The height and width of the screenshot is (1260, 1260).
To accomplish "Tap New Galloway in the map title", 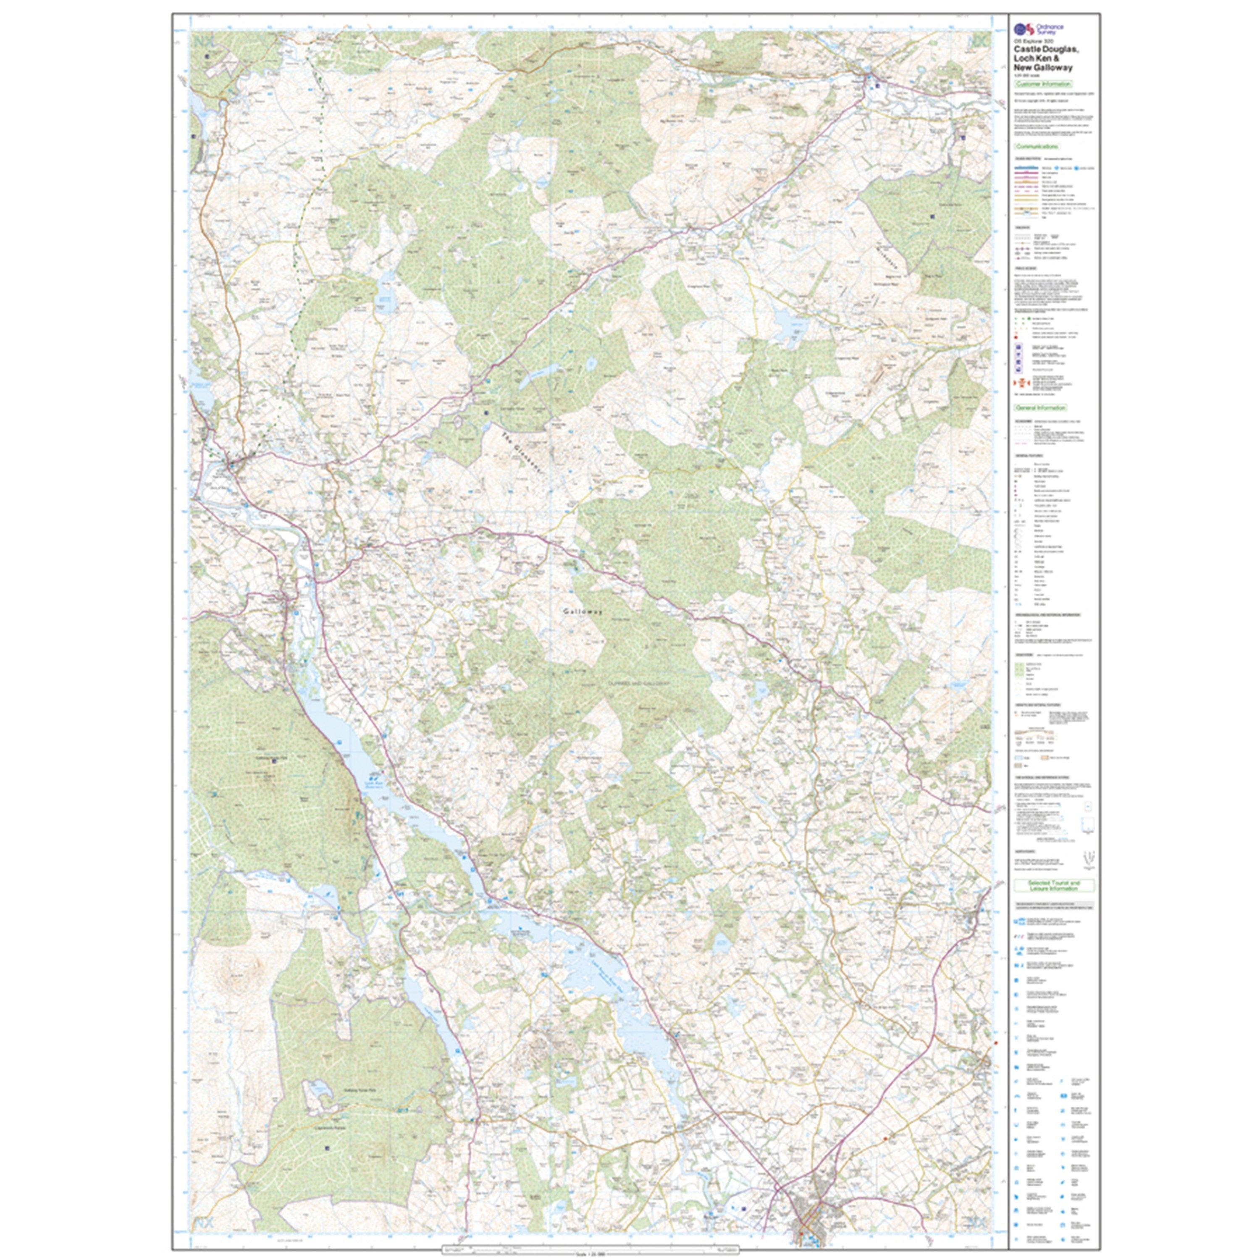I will tap(1043, 67).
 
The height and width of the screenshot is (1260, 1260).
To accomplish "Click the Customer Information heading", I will tap(1043, 84).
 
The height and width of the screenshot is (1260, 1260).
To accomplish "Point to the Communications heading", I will tap(1037, 147).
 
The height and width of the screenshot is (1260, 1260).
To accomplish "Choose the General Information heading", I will tap(1040, 407).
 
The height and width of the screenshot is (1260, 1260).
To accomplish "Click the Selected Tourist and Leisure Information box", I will tap(1053, 886).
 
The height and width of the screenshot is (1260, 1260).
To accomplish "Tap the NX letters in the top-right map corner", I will tap(976, 42).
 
